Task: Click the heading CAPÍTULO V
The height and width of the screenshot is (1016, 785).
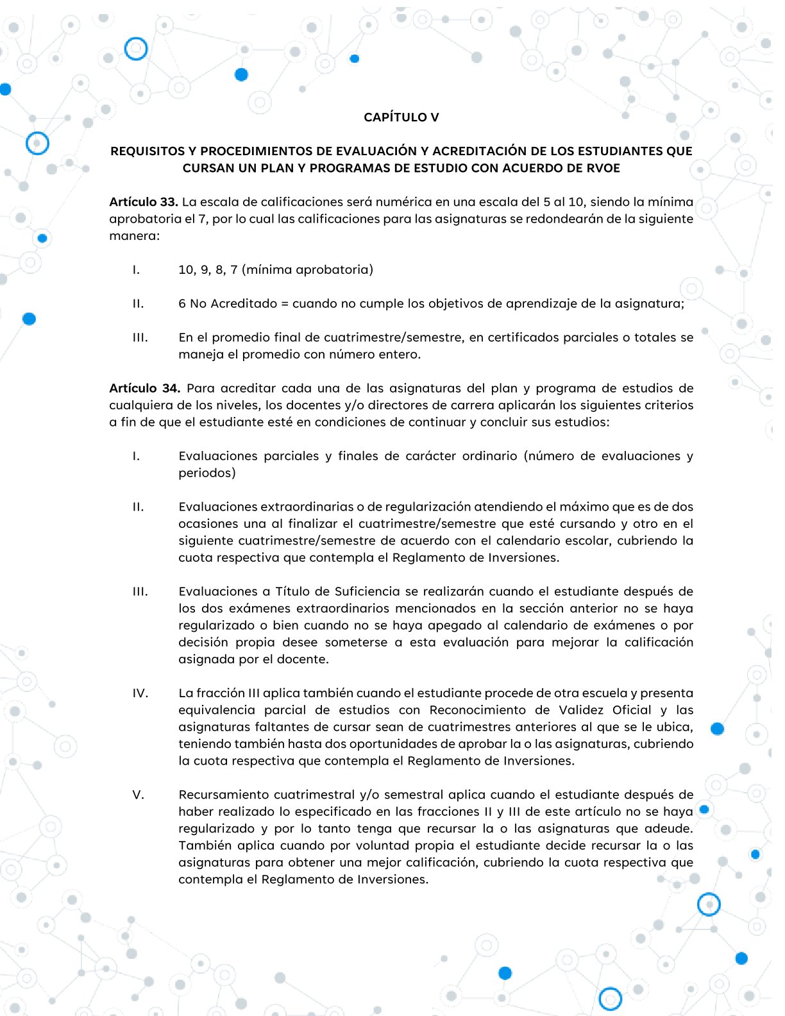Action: coord(401,117)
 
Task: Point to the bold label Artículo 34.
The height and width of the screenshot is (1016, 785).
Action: coord(144,388)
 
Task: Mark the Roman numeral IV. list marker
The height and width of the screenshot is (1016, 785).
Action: coord(140,693)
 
